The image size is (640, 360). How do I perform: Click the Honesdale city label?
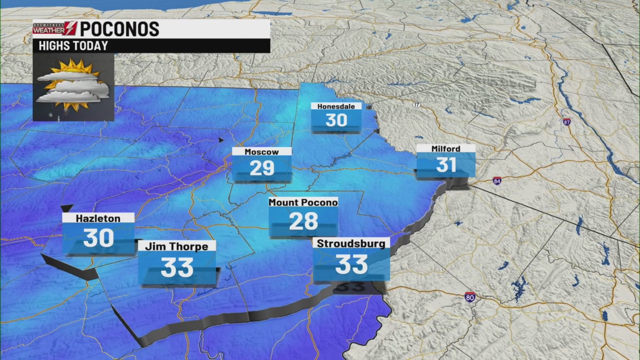[336, 106]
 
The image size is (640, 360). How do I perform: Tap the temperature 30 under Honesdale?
[336, 120]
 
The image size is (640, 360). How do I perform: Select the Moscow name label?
[261, 151]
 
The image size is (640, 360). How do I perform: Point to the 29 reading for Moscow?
[261, 168]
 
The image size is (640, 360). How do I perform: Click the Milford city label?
[445, 148]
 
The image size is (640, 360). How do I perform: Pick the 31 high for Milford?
[445, 164]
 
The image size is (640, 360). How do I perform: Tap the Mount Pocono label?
[303, 202]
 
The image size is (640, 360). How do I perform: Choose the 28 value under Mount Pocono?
[303, 221]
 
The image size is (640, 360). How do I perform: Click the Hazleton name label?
[98, 218]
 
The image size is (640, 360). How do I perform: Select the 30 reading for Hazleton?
[98, 238]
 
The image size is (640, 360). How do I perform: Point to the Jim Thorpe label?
[176, 246]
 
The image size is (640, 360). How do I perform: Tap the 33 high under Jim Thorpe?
[176, 267]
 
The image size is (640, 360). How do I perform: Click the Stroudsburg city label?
[351, 243]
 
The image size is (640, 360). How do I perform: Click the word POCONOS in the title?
[119, 29]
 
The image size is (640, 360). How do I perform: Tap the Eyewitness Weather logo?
[54, 28]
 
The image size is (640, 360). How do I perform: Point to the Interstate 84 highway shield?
[496, 180]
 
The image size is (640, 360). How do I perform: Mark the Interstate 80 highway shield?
[469, 296]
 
